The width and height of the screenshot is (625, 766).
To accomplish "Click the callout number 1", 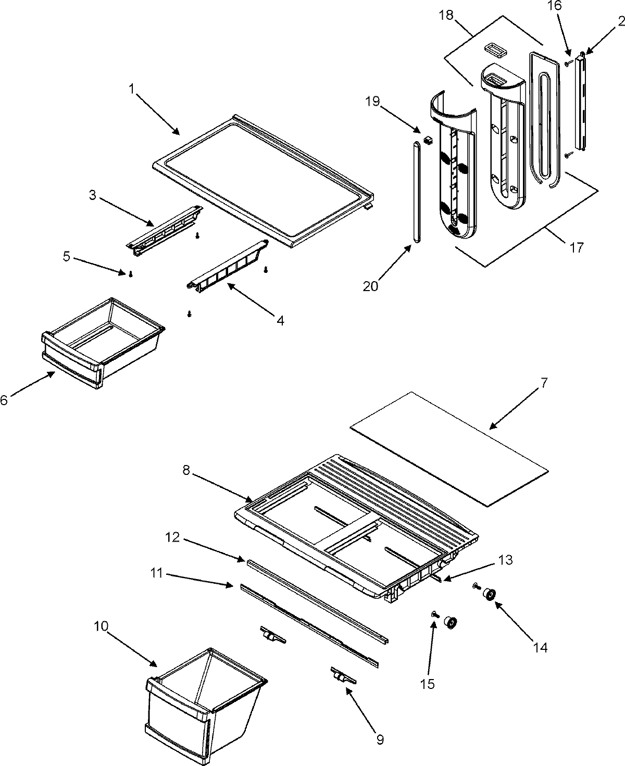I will (x=132, y=89).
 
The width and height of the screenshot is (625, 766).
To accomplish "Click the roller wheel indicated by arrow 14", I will (x=489, y=594).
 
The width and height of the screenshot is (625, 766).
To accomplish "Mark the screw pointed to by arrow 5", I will (x=131, y=274).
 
